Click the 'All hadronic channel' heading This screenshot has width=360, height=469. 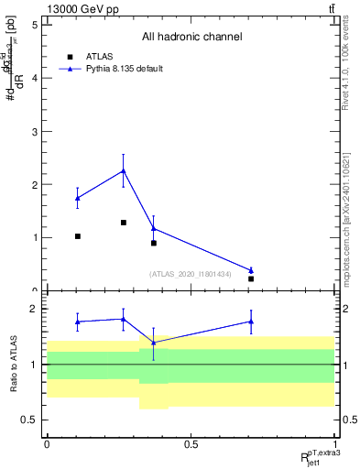(191, 38)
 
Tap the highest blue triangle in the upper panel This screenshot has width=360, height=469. (124, 170)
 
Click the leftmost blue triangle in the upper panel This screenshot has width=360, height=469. (78, 198)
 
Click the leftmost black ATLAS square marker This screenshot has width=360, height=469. (78, 236)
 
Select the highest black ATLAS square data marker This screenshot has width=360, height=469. (124, 223)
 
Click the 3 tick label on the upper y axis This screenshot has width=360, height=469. (34, 131)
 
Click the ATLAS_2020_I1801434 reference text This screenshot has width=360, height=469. (191, 273)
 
